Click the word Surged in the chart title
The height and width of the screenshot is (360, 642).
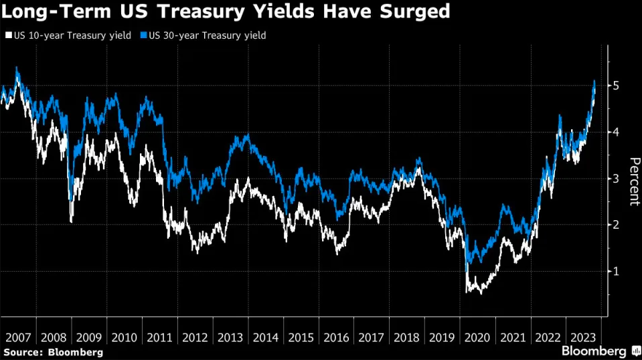click(416, 12)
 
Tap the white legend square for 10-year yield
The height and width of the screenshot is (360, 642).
click(7, 35)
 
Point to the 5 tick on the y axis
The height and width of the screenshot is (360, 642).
click(616, 86)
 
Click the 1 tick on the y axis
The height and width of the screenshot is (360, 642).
click(616, 272)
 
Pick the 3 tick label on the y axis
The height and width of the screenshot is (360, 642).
click(616, 179)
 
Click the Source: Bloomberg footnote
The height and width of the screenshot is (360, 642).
click(54, 352)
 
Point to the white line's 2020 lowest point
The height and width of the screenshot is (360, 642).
click(480, 293)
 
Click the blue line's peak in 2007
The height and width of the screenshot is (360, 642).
click(17, 68)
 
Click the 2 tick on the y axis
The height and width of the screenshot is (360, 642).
click(616, 225)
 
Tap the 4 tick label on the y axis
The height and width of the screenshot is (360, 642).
click(616, 132)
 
